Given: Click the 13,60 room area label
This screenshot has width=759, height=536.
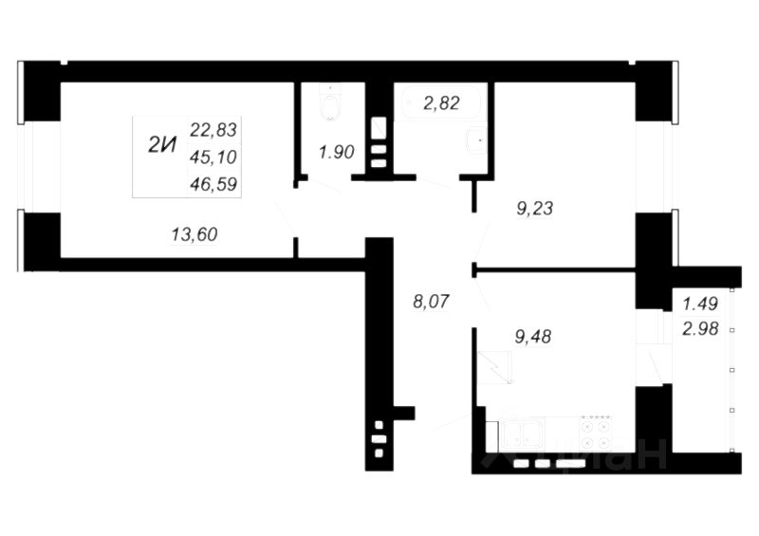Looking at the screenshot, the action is tap(195, 234).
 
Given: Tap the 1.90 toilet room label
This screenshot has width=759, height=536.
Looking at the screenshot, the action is tap(337, 152).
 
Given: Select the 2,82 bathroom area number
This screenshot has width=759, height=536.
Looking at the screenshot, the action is tap(441, 103).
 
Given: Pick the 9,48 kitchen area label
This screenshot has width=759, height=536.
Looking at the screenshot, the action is tap(532, 335).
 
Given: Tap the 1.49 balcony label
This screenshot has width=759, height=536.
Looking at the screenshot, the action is tap(700, 305).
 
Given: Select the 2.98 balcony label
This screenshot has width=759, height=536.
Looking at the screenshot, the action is tap(700, 328).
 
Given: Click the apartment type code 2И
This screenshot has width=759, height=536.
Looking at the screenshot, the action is tap(163, 145).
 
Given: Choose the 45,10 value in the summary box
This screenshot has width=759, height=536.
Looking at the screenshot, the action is tap(213, 156).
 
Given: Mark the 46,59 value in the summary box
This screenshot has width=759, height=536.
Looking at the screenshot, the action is tap(213, 183).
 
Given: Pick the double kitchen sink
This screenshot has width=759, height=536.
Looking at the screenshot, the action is tap(523, 434).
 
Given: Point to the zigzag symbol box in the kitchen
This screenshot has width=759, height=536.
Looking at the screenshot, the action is tap(495, 366).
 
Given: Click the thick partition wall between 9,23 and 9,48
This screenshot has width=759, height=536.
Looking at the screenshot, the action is tap(555, 271).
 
